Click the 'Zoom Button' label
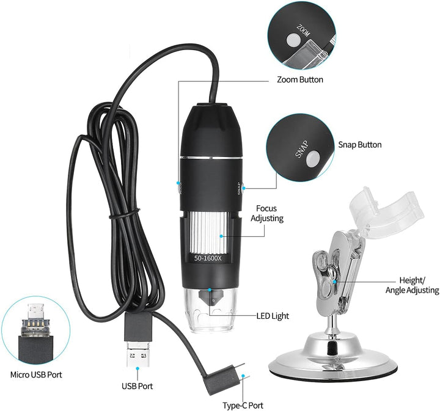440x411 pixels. (300, 79)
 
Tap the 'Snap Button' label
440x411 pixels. (360, 145)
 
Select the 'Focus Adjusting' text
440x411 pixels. (269, 213)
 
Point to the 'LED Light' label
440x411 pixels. (273, 316)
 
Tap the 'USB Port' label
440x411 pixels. (137, 385)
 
